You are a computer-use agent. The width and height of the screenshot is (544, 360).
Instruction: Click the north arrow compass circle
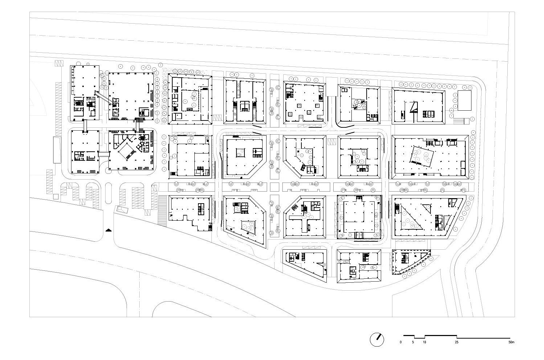click(x=377, y=339)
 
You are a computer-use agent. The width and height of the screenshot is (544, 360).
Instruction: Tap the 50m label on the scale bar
click(x=511, y=342)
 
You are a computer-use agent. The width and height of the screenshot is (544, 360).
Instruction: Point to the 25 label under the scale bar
click(x=457, y=342)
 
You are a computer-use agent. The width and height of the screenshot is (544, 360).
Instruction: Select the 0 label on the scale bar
click(x=401, y=342)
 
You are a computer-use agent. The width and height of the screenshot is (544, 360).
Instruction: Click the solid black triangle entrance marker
click(x=108, y=230)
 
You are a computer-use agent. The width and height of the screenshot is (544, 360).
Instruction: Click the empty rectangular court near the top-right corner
click(x=464, y=101)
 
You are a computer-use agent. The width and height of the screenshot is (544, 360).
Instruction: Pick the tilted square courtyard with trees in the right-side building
click(x=423, y=157)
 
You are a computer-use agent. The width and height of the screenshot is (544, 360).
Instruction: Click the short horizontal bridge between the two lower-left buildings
click(x=103, y=154)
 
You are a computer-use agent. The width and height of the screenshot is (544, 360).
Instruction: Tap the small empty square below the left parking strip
click(x=55, y=196)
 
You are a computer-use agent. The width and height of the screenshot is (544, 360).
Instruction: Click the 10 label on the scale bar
click(x=425, y=342)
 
